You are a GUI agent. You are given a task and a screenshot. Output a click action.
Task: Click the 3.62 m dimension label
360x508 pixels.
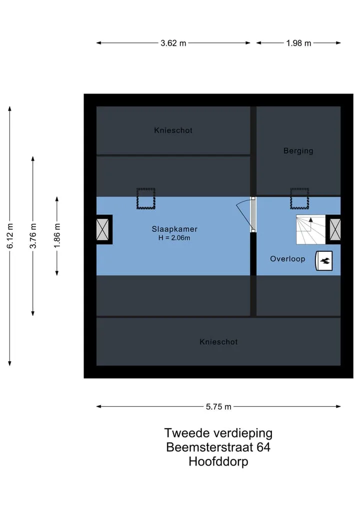tap(173, 43)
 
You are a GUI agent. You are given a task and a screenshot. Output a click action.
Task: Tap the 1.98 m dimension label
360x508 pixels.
tap(298, 43)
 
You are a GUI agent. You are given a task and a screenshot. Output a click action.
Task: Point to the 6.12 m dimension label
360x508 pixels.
tap(10, 236)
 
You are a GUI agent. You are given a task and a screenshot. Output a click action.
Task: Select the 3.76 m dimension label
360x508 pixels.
tap(33, 236)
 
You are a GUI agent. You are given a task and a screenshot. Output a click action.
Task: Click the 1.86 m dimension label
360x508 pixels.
tap(57, 236)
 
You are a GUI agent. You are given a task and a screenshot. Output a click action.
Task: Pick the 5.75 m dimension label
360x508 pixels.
tap(218, 407)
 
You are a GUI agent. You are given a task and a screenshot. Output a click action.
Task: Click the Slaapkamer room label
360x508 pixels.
tap(174, 229)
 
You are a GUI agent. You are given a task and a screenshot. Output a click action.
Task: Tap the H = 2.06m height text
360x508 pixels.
tap(174, 238)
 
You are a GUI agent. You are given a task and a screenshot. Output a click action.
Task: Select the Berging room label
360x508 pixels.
tap(298, 151)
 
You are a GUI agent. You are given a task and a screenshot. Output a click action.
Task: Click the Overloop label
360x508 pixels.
tap(287, 259)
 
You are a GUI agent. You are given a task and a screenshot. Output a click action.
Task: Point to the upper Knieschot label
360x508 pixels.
tap(173, 130)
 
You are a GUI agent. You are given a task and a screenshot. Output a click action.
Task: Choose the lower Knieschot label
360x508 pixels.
tap(218, 342)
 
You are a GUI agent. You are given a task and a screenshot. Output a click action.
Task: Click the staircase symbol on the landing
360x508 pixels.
tap(310, 230)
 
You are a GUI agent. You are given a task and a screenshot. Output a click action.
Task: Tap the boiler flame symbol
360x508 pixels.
tap(324, 261)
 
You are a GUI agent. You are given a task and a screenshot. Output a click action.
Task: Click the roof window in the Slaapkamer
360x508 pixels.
tap(146, 199)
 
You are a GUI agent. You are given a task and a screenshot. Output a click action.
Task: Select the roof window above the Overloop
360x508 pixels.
tap(299, 199)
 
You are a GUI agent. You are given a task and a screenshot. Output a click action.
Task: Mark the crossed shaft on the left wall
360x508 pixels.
tap(103, 230)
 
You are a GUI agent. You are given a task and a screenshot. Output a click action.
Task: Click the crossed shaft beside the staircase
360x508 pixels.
tap(334, 230)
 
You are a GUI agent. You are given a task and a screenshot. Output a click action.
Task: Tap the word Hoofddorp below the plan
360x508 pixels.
tap(218, 462)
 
